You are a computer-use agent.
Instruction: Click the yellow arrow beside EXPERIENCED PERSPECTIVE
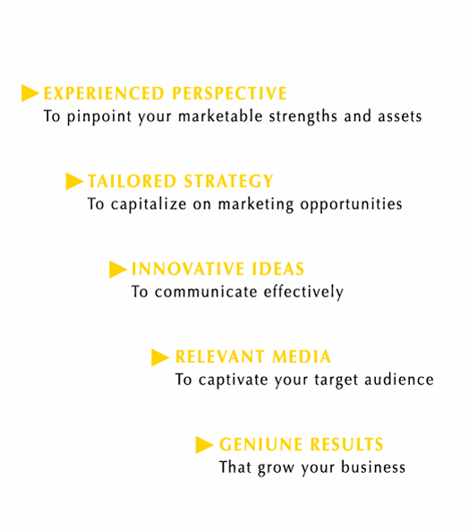click(x=30, y=93)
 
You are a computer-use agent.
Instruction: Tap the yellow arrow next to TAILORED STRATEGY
click(x=74, y=181)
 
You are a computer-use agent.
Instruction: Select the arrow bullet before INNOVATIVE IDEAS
click(x=118, y=269)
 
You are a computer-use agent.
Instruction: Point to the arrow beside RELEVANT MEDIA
click(x=160, y=357)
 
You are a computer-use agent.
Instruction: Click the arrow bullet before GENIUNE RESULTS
click(x=204, y=445)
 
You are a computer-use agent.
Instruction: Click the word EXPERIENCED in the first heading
click(x=104, y=94)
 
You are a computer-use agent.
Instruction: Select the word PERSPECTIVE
click(x=230, y=94)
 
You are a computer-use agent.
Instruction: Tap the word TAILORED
click(x=132, y=181)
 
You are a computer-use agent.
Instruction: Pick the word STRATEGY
click(x=228, y=181)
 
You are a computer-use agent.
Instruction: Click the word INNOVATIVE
click(x=188, y=269)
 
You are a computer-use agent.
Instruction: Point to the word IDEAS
click(x=278, y=269)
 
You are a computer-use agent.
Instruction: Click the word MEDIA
click(x=302, y=357)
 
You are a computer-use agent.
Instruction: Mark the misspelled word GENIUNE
click(x=260, y=444)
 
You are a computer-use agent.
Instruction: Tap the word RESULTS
click(x=347, y=444)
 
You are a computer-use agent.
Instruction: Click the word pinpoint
click(x=99, y=116)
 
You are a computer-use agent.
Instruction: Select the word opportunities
click(x=351, y=204)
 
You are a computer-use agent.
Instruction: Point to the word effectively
click(x=303, y=292)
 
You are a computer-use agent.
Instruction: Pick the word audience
click(x=399, y=380)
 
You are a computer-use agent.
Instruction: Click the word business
click(x=373, y=467)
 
